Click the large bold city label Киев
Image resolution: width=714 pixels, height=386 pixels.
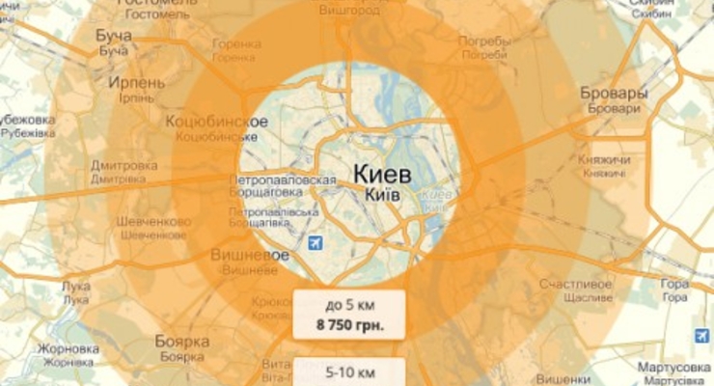tap(383, 174)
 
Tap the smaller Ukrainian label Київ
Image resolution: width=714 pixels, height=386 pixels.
tap(384, 195)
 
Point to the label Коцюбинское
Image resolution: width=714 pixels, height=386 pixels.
tap(216, 122)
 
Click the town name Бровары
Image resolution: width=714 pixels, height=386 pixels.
tap(613, 94)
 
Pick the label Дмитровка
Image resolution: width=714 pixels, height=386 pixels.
tap(124, 164)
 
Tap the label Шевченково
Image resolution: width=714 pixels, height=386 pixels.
tap(151, 221)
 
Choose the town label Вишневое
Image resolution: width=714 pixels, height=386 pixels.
tap(251, 256)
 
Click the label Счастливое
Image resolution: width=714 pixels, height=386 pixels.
tap(577, 286)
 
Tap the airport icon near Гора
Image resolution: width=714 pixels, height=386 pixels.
tap(700, 337)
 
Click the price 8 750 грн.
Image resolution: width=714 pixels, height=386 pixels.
tap(348, 325)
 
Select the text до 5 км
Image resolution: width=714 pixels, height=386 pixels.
tap(348, 306)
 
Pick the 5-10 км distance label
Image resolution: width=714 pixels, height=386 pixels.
tap(348, 370)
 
